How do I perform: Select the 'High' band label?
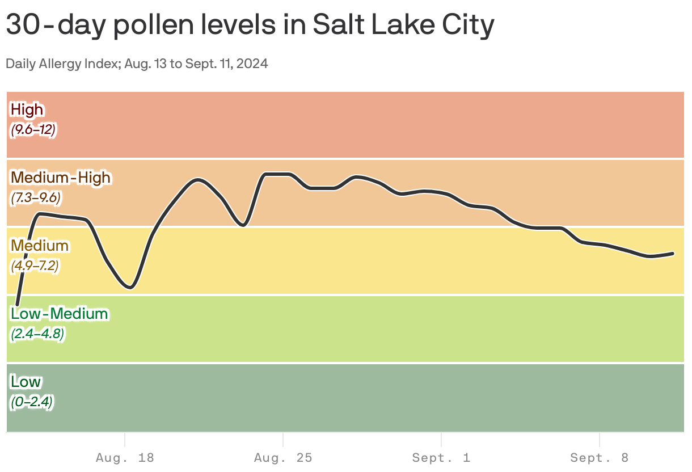pyautogui.click(x=27, y=109)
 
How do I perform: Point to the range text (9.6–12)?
pyautogui.click(x=33, y=130)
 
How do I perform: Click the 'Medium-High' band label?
pyautogui.click(x=61, y=178)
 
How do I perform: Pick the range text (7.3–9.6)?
pyautogui.click(x=36, y=198)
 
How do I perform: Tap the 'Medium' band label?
pyautogui.click(x=40, y=246)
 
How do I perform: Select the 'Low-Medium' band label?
pyautogui.click(x=60, y=314)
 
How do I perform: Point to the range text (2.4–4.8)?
pyautogui.click(x=36, y=334)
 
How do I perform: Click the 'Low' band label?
pyautogui.click(x=26, y=382)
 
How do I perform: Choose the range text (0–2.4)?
pyautogui.click(x=32, y=402)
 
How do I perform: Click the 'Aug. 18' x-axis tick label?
pyautogui.click(x=125, y=457)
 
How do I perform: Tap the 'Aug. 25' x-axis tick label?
pyautogui.click(x=283, y=457)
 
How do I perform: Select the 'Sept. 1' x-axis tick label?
pyautogui.click(x=441, y=457)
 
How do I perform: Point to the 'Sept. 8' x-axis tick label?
pyautogui.click(x=600, y=457)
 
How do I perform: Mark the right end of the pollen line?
pyautogui.click(x=673, y=253)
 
